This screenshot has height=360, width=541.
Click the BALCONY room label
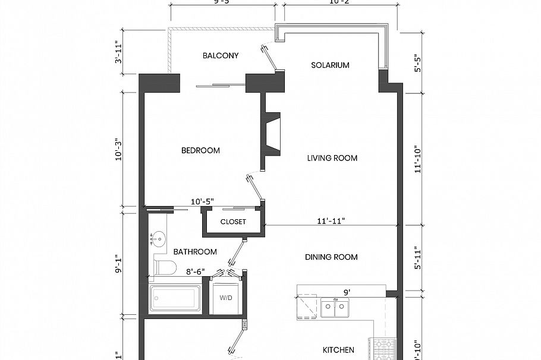(221, 56)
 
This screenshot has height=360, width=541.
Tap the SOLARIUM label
(330, 65)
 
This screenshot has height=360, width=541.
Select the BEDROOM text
(200, 150)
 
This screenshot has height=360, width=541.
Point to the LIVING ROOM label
(332, 158)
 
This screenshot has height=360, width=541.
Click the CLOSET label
(233, 222)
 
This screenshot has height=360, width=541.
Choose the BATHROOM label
(195, 252)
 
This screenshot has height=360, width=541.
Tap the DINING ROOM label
(331, 257)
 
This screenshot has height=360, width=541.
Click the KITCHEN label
(338, 350)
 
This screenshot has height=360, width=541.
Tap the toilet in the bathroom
(165, 268)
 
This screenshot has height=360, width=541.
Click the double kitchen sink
(335, 308)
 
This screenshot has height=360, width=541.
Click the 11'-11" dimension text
(331, 221)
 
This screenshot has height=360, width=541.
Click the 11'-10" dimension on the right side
(419, 159)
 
